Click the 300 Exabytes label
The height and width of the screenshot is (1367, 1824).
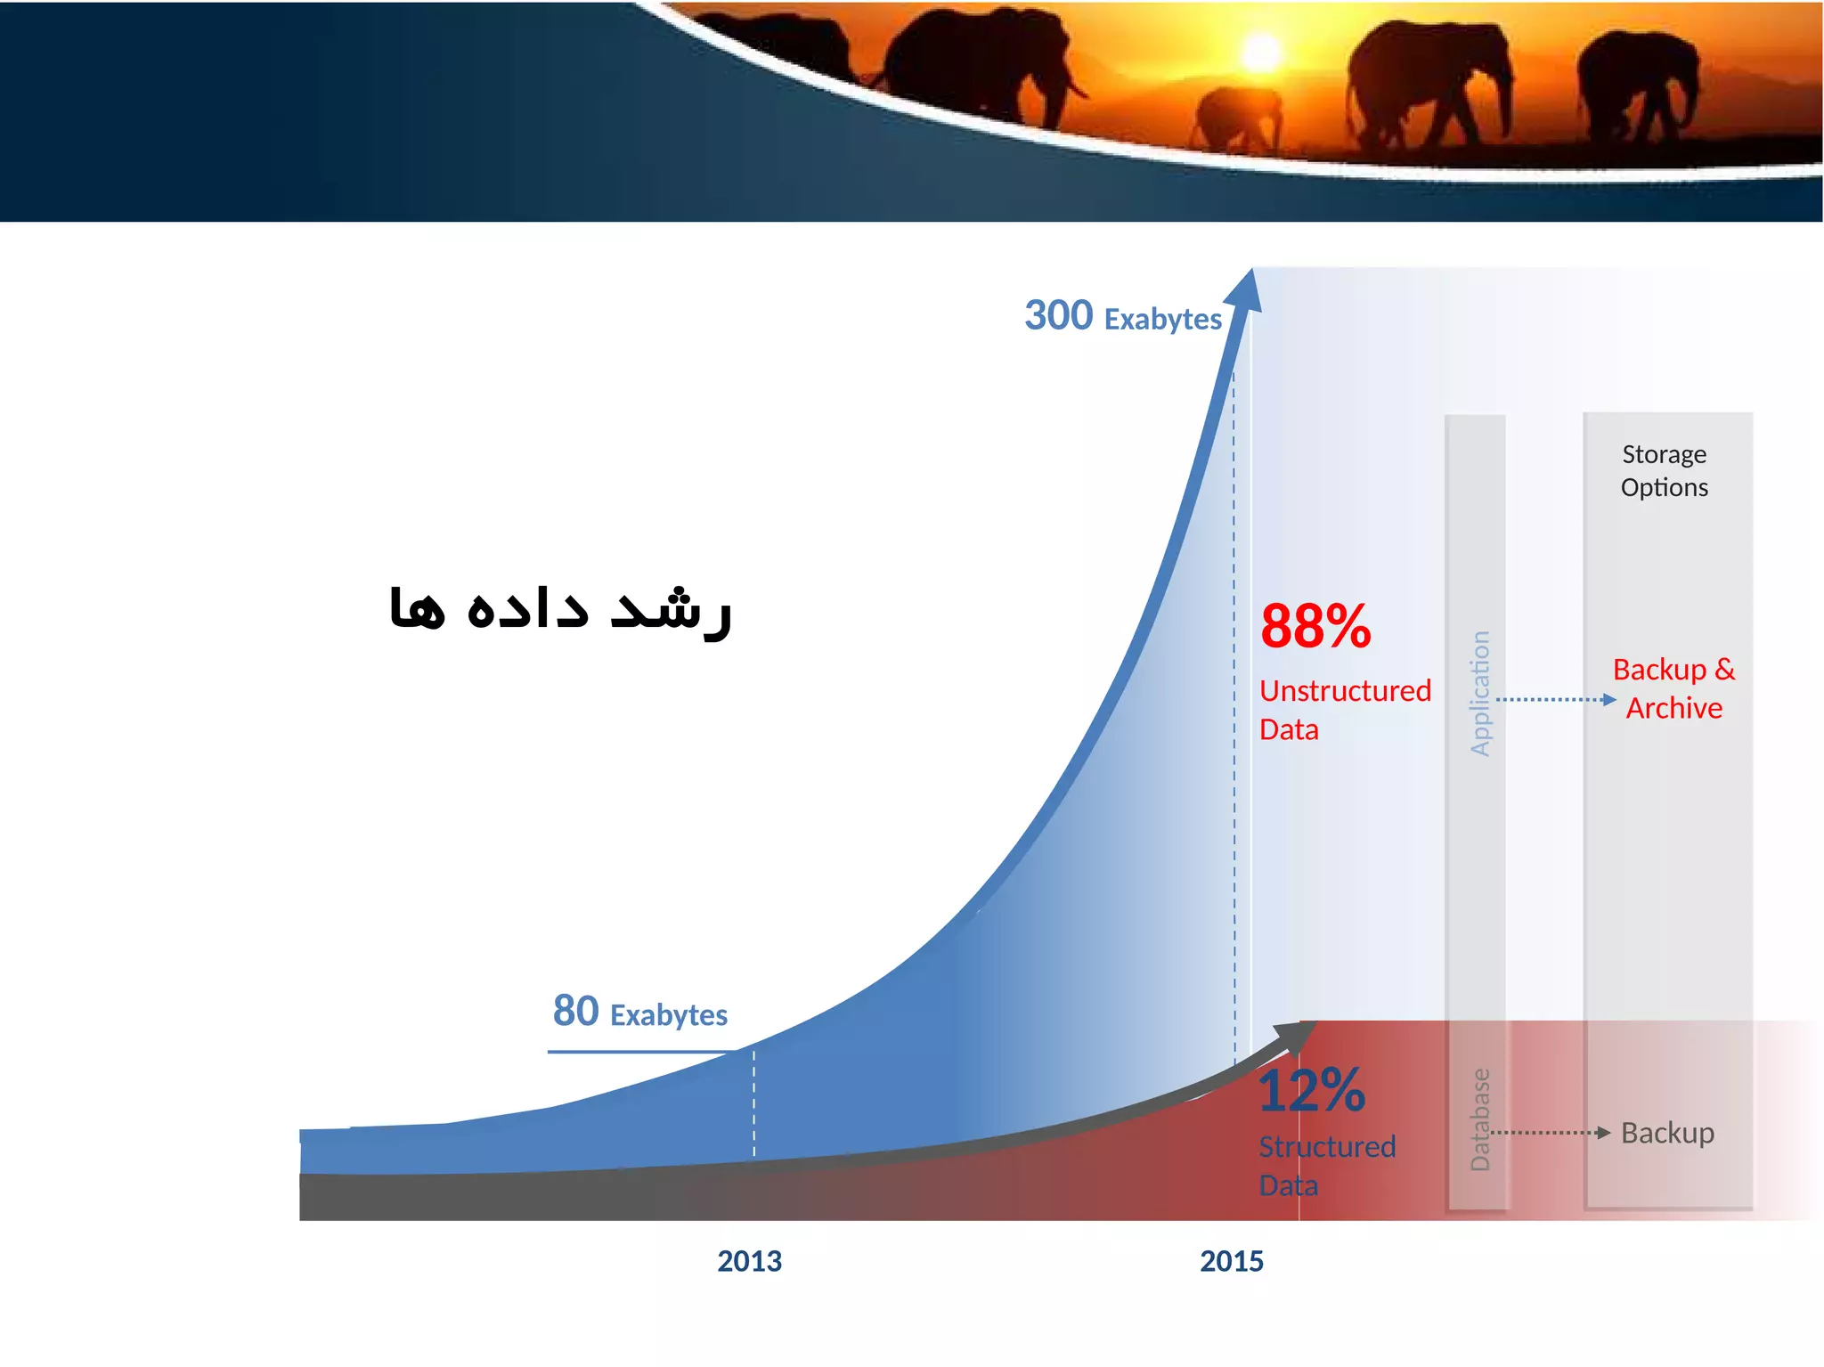1122,316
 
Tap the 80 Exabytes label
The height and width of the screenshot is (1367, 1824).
639,1013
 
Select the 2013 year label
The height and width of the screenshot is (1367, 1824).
749,1261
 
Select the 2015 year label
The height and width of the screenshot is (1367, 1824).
1231,1261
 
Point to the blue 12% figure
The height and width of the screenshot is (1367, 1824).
1311,1090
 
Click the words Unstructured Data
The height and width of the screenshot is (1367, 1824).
1343,709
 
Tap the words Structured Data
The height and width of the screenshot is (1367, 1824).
1325,1165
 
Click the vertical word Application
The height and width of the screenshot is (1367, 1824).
1479,694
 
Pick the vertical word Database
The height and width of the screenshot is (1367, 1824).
1479,1119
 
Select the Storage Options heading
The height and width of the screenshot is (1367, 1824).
1664,471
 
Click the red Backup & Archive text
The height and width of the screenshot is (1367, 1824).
1673,688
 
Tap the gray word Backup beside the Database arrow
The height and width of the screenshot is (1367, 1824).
1666,1133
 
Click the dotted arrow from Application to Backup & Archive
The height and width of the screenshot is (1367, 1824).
1554,699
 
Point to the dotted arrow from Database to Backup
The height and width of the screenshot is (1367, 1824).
1550,1133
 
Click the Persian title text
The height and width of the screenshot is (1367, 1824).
560,609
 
